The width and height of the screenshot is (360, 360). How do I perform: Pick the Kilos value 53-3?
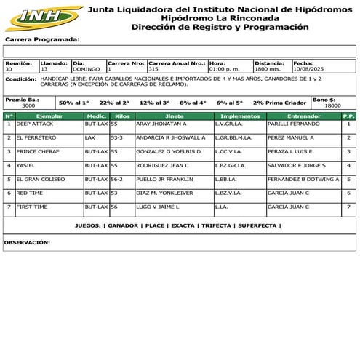point(117,137)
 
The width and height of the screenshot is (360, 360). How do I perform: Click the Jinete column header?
point(174,116)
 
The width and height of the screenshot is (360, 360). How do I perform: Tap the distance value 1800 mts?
point(268,69)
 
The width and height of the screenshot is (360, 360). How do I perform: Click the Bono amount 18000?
point(332,105)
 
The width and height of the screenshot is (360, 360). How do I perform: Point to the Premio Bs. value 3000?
point(28,105)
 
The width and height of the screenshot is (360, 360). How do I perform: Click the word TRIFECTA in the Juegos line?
point(215,225)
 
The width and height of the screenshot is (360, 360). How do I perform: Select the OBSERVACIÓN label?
point(27,241)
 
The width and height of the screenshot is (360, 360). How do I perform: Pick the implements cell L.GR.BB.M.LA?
point(234,137)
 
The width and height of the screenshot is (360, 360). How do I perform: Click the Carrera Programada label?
point(41,39)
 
